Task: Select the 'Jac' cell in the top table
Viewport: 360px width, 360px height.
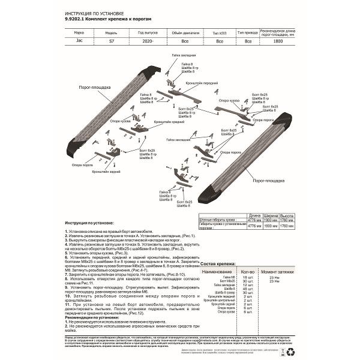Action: pyautogui.click(x=80, y=42)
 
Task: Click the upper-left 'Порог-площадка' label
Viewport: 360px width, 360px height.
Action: pyautogui.click(x=92, y=86)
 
